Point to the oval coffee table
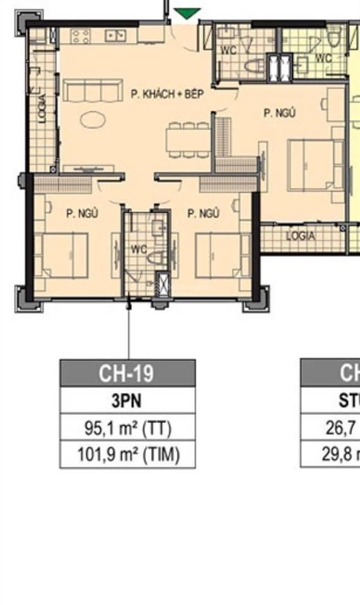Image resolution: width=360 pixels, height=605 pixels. [93, 119]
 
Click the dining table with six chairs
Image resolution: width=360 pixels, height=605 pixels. [188, 139]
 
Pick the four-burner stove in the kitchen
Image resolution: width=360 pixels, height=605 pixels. [80, 37]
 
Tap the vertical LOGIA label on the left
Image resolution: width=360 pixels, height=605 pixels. [42, 108]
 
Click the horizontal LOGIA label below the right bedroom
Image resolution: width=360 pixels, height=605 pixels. [301, 237]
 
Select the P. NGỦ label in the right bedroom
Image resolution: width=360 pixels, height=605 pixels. [279, 113]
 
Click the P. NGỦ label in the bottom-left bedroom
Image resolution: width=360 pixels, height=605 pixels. [82, 214]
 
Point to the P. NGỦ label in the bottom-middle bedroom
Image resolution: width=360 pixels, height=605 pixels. [203, 214]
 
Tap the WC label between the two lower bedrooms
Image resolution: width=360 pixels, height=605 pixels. [139, 249]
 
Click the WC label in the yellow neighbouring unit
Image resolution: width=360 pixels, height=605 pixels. [323, 58]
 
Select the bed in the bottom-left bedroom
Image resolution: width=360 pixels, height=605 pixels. [63, 255]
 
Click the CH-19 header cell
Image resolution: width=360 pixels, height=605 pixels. [127, 373]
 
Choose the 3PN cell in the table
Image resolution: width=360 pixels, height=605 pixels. [127, 401]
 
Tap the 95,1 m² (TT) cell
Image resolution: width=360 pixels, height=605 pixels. [127, 428]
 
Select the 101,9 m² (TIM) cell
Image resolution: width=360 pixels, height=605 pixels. [127, 454]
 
